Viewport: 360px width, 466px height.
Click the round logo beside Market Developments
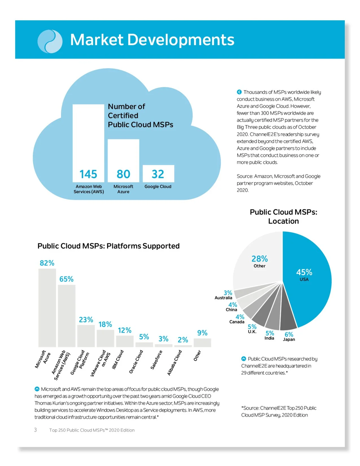pyautogui.click(x=50, y=41)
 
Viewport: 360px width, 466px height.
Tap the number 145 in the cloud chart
pyautogui.click(x=88, y=174)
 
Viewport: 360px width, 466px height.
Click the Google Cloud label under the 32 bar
pyautogui.click(x=158, y=187)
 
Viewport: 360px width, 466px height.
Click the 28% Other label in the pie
pyautogui.click(x=259, y=261)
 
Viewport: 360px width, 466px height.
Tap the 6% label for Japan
pyautogui.click(x=289, y=335)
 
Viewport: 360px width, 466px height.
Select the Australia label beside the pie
pyautogui.click(x=223, y=298)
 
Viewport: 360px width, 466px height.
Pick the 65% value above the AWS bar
pyautogui.click(x=66, y=279)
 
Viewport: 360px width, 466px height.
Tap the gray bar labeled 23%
pyautogui.click(x=86, y=336)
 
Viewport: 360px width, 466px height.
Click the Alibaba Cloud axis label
pyautogui.click(x=174, y=363)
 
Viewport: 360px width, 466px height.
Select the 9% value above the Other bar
pyautogui.click(x=202, y=333)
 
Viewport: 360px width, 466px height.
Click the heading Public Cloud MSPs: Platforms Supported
pyautogui.click(x=108, y=246)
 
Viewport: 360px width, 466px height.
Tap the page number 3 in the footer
pyautogui.click(x=35, y=430)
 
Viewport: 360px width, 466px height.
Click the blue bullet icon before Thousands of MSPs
pyautogui.click(x=239, y=92)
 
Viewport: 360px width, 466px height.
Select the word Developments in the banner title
pyautogui.click(x=181, y=40)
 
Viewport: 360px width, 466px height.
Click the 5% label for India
pyautogui.click(x=270, y=334)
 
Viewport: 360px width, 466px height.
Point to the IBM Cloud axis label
pyautogui.click(x=118, y=359)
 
